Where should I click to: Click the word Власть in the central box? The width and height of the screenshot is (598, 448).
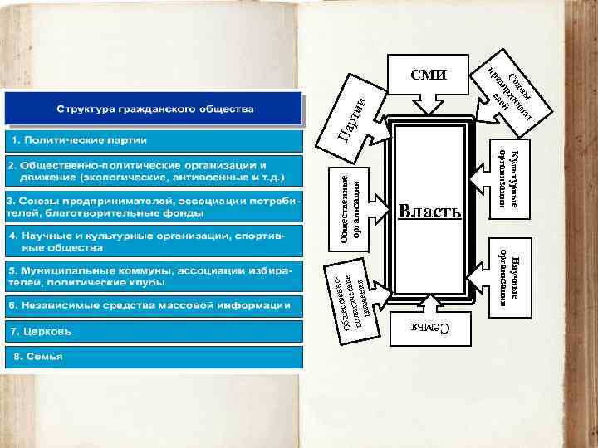[429, 211]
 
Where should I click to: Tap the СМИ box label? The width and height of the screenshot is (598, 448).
[429, 75]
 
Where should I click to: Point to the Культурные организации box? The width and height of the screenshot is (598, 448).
[509, 180]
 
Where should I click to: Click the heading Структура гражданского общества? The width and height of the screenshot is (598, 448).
[155, 109]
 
